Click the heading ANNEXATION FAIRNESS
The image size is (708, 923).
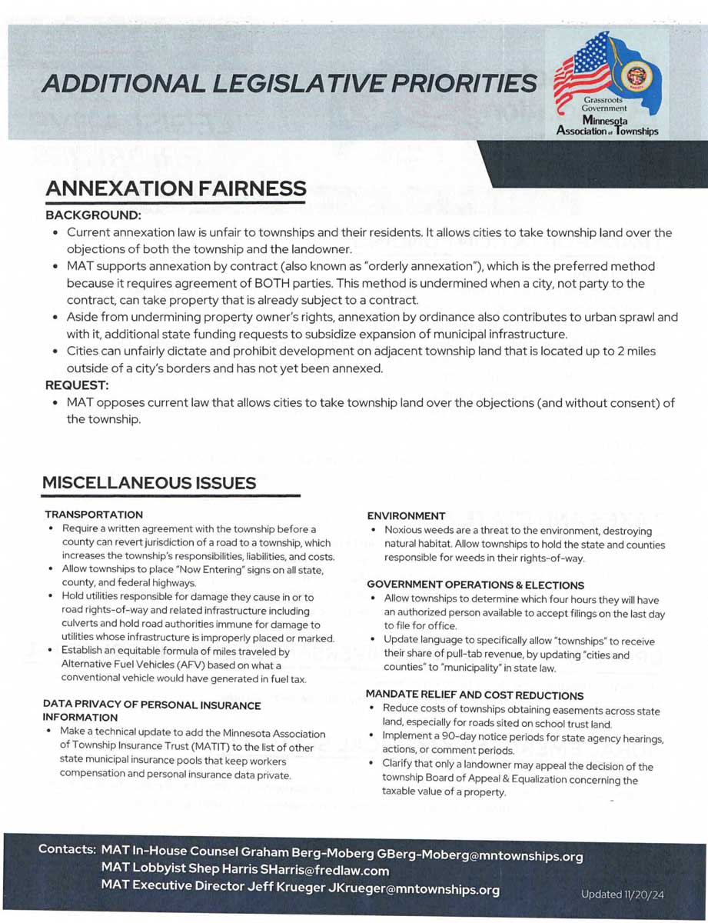click(175, 188)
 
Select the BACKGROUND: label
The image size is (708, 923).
click(93, 216)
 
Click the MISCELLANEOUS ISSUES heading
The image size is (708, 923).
click(149, 483)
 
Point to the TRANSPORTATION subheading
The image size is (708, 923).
click(94, 514)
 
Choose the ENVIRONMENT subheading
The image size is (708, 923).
click(406, 515)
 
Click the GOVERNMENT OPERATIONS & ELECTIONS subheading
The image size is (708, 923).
click(475, 585)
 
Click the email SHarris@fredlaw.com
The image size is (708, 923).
click(324, 871)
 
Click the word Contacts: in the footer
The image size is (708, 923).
click(68, 851)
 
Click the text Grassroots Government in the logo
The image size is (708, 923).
click(603, 104)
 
